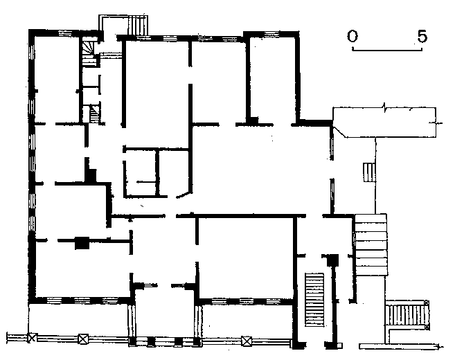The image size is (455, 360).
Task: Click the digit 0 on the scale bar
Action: coord(353,36)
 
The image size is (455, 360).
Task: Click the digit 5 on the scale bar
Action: coord(422,36)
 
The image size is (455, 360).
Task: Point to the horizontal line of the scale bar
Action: coord(387,50)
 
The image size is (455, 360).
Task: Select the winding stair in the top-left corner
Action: coord(89,52)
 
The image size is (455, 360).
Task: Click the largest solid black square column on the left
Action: coord(82,243)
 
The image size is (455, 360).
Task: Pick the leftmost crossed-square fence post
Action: coord(32,338)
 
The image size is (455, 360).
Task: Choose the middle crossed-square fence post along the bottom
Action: coord(84,339)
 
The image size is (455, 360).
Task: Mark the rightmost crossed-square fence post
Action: coord(247,341)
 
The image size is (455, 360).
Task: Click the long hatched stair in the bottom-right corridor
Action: coord(314,299)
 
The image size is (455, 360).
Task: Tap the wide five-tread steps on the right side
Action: coord(371,245)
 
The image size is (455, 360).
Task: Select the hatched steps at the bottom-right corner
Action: coord(407,315)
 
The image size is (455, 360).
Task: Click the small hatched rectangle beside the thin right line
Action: coord(369,172)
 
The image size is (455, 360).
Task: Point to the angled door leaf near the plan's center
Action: coord(183,195)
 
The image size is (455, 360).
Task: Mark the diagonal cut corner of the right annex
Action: coord(339,131)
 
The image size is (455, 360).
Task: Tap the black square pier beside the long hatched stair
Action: coord(332,260)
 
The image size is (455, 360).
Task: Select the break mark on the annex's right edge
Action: coord(436,123)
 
